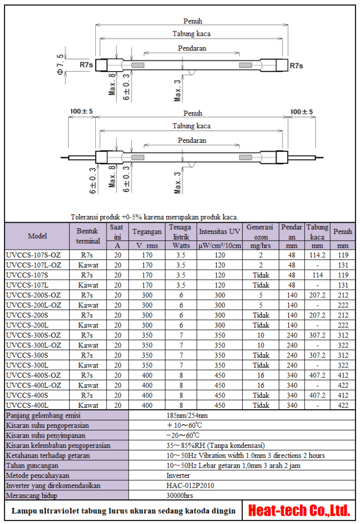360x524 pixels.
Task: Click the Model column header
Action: tap(37, 236)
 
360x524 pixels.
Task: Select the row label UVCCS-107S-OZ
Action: tap(34, 255)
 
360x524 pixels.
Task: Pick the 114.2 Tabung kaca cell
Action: tap(317, 255)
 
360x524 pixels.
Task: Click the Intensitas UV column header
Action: tap(220, 231)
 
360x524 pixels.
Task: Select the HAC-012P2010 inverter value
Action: tap(187, 485)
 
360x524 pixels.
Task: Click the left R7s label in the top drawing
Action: tap(86, 65)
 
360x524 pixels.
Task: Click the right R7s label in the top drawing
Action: tap(296, 65)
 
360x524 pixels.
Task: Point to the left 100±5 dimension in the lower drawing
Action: tap(81, 111)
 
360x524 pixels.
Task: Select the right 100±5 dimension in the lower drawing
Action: tap(301, 111)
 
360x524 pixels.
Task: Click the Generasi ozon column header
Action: tap(260, 231)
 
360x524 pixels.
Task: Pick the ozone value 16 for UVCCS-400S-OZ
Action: tap(261, 375)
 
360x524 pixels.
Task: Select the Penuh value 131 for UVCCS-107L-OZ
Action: tap(343, 265)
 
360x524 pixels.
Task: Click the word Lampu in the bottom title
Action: tap(23, 511)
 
